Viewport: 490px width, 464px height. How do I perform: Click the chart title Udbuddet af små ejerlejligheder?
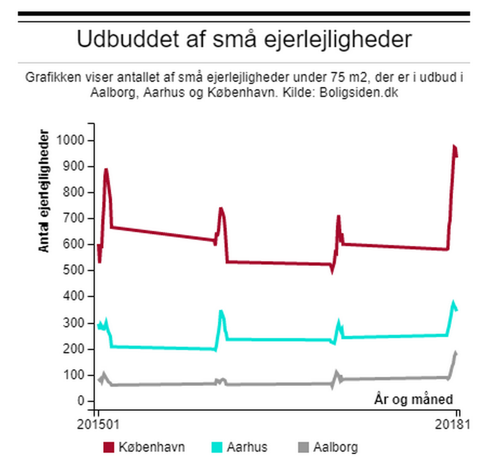244,39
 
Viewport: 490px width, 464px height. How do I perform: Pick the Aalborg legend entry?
335,448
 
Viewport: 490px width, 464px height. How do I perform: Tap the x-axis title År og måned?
413,399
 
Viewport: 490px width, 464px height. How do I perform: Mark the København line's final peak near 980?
454,146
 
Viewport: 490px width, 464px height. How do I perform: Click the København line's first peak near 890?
106,169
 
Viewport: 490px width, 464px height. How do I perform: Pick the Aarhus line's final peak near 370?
453,303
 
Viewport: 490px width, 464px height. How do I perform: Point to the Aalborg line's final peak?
455,352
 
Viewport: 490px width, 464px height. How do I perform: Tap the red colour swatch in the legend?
108,448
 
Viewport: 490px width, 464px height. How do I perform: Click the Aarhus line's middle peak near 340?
220,311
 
